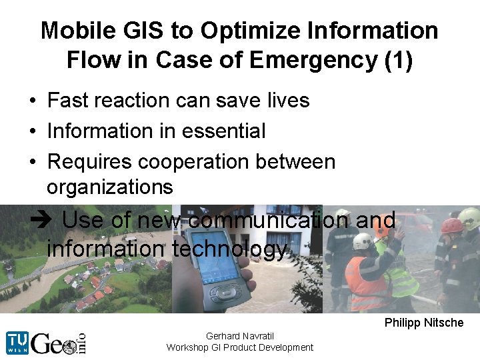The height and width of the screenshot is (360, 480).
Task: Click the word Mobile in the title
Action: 74,31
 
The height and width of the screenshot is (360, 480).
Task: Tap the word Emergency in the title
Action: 319,60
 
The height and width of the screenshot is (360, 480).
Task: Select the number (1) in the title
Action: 398,60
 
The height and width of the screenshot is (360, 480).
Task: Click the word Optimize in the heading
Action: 236,31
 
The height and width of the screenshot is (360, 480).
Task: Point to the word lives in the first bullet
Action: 287,101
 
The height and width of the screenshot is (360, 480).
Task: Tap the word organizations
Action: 110,187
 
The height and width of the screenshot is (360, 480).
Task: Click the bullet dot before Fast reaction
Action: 32,101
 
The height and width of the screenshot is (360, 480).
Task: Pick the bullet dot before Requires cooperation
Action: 32,162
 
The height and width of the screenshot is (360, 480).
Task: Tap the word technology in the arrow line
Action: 229,249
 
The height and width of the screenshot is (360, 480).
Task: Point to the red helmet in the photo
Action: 453,225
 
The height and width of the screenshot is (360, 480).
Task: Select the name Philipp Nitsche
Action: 423,323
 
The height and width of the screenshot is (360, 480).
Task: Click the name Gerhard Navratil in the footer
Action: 240,336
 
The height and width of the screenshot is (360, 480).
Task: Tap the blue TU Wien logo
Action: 17,342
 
